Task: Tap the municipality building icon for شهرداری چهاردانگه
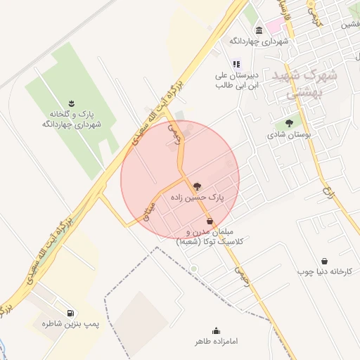point(259,30)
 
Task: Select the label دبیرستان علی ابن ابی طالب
point(237,79)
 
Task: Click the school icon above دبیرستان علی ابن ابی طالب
point(236,63)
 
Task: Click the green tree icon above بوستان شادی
point(289,123)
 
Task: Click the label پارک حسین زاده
point(197,199)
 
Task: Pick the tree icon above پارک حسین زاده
point(196,187)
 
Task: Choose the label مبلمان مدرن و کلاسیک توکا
point(211,236)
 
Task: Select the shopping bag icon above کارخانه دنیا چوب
point(324,261)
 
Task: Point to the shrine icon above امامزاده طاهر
point(216,330)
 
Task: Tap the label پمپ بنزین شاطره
point(70,324)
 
